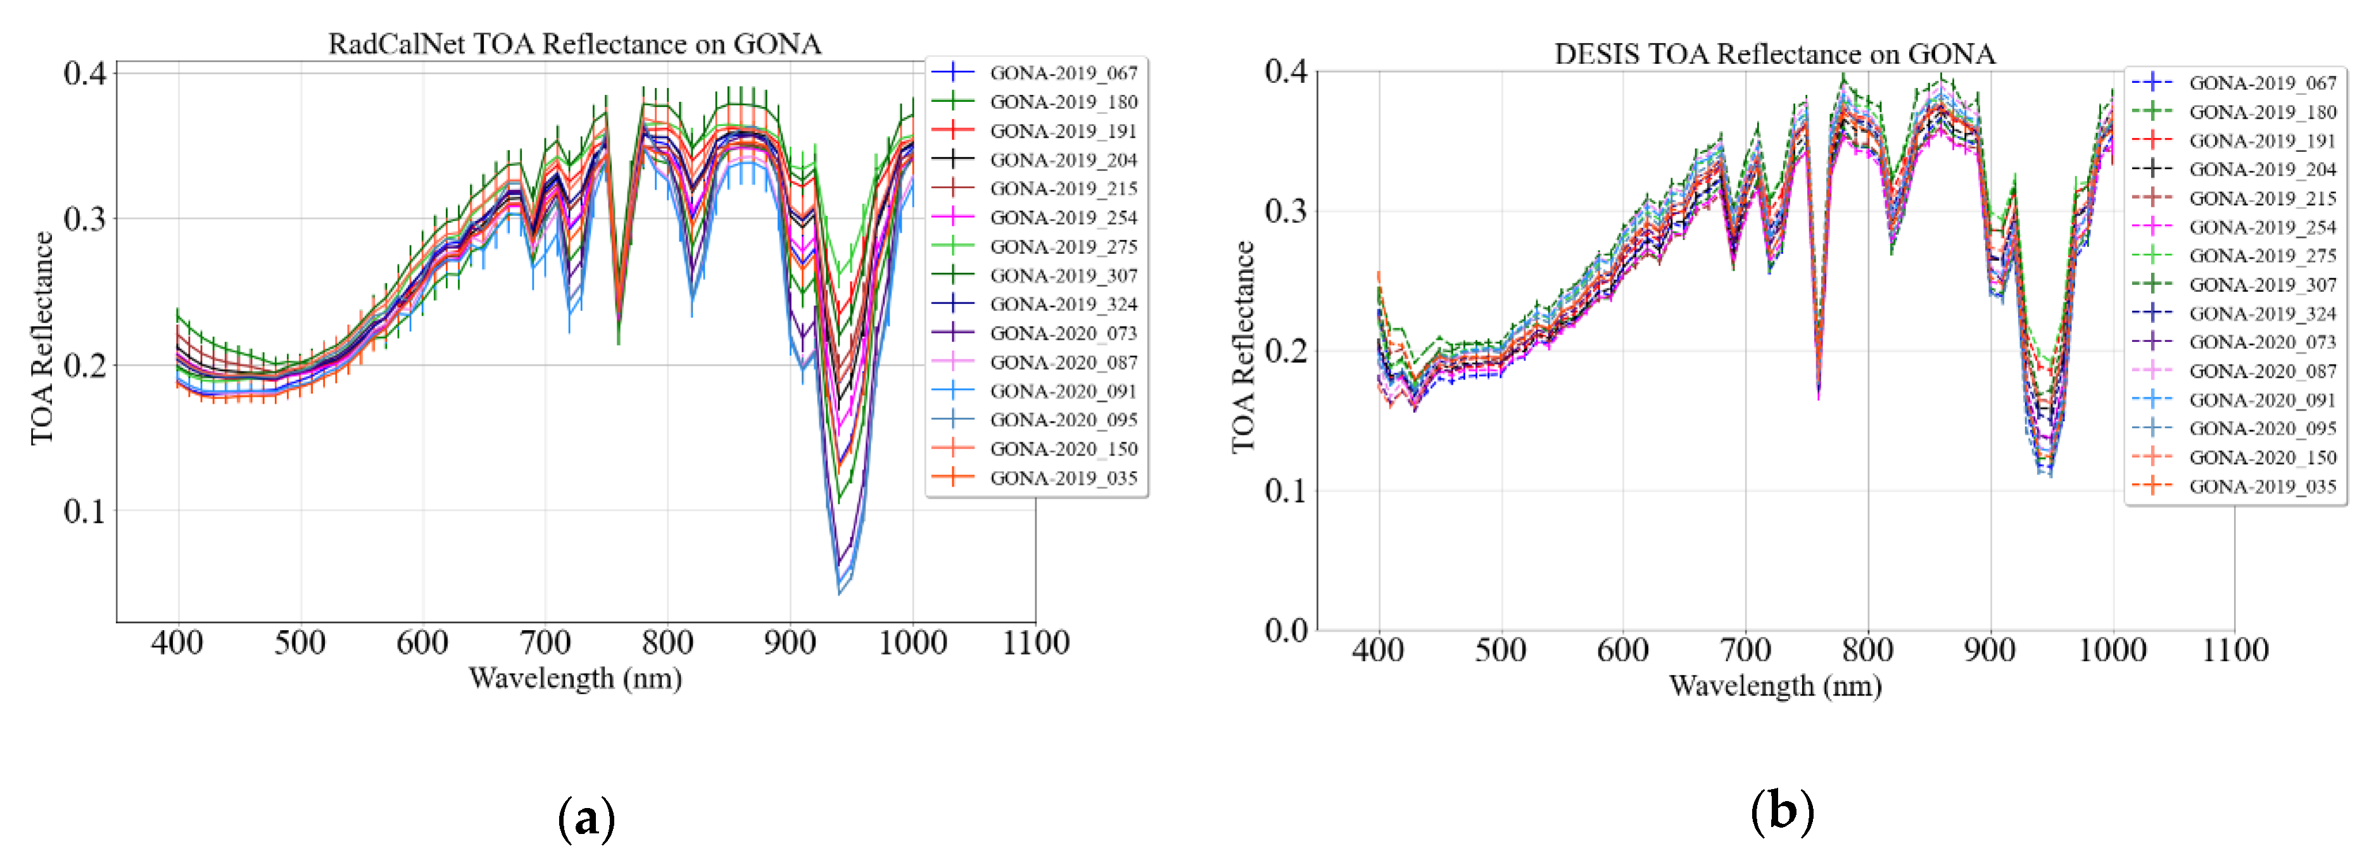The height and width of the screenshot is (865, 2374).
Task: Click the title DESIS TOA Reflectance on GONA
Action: point(1774,53)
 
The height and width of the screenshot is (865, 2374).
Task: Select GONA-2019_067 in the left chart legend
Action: point(1063,73)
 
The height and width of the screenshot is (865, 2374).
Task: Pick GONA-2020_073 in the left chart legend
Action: point(1063,333)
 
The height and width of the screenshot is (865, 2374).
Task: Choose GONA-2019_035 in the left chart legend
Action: point(1063,477)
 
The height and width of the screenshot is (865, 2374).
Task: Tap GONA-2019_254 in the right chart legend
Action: point(2261,227)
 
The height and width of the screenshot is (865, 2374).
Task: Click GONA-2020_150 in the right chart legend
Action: point(2261,457)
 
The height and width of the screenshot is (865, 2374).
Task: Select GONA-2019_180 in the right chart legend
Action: point(2261,111)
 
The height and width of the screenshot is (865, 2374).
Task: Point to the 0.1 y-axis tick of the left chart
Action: point(85,511)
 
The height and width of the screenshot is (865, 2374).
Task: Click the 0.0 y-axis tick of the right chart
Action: point(1285,630)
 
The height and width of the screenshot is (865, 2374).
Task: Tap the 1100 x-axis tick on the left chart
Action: point(1035,642)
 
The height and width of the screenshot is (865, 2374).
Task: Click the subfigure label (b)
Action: point(1781,811)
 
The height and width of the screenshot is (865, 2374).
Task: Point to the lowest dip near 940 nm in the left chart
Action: point(838,592)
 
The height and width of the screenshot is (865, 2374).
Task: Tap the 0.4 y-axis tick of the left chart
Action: point(85,73)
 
